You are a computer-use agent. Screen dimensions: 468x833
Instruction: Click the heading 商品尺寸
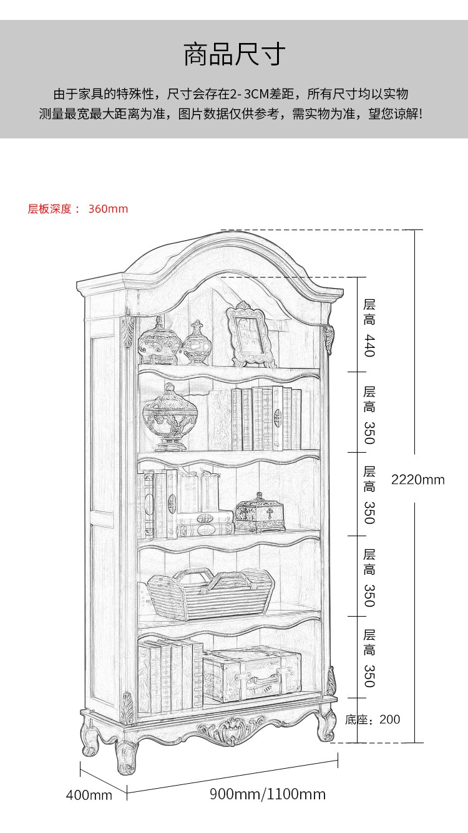tap(234, 55)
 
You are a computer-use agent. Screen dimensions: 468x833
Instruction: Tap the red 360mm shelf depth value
tap(108, 209)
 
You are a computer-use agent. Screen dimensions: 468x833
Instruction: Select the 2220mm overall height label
tap(417, 479)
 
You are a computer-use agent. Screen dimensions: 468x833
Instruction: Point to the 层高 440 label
tap(369, 327)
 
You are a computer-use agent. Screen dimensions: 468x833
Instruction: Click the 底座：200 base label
tap(373, 720)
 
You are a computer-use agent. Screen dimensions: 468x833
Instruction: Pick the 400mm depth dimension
tap(89, 795)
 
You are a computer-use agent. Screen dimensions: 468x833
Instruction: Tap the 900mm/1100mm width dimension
tap(267, 794)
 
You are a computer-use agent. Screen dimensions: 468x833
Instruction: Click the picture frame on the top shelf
tap(251, 335)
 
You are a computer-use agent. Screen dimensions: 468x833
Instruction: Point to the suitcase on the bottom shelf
tap(251, 675)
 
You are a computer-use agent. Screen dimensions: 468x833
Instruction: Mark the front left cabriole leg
tap(126, 754)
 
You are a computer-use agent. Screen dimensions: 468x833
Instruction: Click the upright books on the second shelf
tap(266, 418)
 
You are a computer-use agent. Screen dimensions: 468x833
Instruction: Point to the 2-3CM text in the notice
tap(249, 94)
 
